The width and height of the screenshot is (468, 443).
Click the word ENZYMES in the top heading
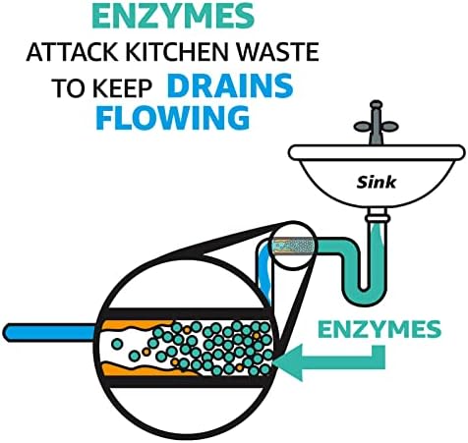(173, 16)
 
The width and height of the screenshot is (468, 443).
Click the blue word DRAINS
(230, 85)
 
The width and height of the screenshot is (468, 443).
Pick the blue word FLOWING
(172, 118)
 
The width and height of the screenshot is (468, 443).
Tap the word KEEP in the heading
(122, 88)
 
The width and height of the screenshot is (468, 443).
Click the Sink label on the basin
(377, 183)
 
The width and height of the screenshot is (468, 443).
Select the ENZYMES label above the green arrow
(380, 329)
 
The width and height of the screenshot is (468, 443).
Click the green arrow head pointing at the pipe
(288, 362)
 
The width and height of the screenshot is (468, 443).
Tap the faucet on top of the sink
(376, 124)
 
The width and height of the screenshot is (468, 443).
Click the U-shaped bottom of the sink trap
(364, 293)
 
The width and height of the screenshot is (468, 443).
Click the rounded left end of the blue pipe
(10, 333)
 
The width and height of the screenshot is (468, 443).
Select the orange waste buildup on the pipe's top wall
(137, 326)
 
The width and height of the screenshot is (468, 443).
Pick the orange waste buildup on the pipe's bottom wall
(145, 369)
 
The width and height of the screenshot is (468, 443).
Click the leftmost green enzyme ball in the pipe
(117, 344)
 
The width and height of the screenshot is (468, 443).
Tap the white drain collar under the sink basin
(378, 217)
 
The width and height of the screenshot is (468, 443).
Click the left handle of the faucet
(362, 126)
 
